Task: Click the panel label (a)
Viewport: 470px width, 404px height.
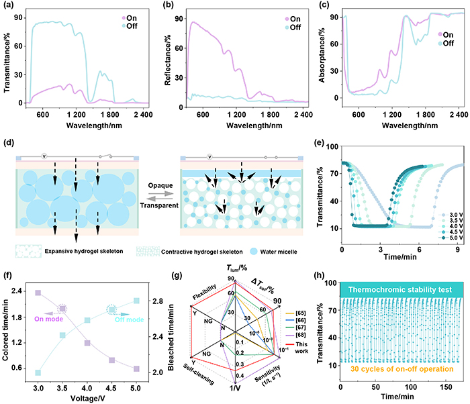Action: [x=10, y=6]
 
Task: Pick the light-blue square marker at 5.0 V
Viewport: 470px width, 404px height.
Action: [x=136, y=300]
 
